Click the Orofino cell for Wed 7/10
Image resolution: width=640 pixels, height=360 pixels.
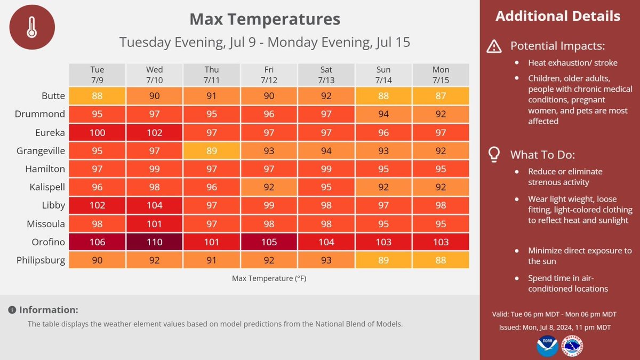(155, 242)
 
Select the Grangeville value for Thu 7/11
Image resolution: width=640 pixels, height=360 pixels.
(212, 151)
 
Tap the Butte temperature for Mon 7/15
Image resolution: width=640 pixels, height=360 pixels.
(441, 96)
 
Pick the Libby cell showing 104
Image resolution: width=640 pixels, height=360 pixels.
(155, 206)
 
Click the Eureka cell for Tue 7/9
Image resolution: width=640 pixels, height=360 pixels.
(98, 132)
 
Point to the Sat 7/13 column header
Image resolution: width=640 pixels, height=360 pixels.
(326, 75)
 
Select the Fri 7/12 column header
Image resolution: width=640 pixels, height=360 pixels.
(269, 75)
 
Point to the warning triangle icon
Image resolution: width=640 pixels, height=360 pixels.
(494, 46)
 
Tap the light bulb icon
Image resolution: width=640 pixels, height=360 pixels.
(494, 155)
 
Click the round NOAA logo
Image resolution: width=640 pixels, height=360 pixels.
(547, 345)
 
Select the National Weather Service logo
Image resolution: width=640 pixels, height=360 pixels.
(572, 346)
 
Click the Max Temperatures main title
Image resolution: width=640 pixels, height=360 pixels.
(265, 20)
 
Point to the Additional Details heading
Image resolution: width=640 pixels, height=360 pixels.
(557, 16)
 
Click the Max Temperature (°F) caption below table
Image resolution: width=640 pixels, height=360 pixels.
(269, 278)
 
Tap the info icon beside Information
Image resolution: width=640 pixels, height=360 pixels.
(12, 310)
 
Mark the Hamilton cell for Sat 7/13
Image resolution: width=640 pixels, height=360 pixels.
(326, 169)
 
